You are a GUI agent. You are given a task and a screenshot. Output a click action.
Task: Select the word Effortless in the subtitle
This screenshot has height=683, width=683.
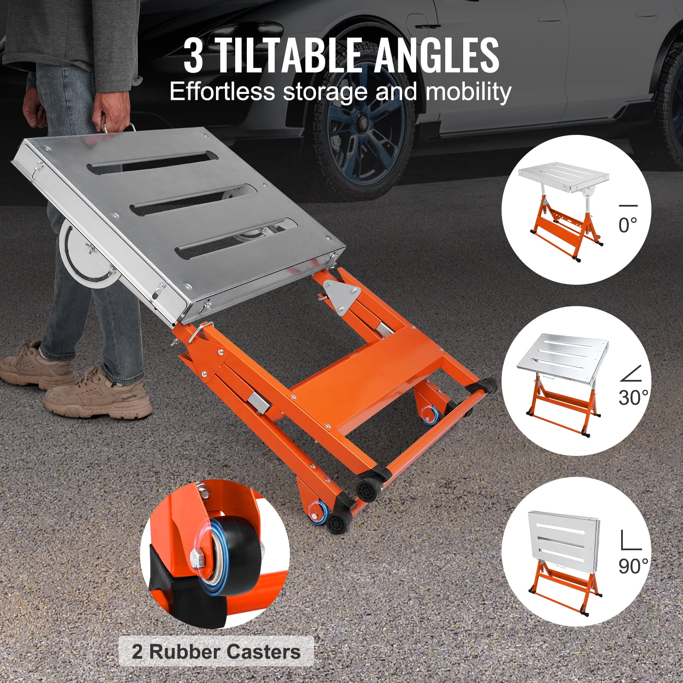tap(222, 92)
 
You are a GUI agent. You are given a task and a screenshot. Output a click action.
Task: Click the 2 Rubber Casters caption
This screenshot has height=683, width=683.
tap(216, 652)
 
